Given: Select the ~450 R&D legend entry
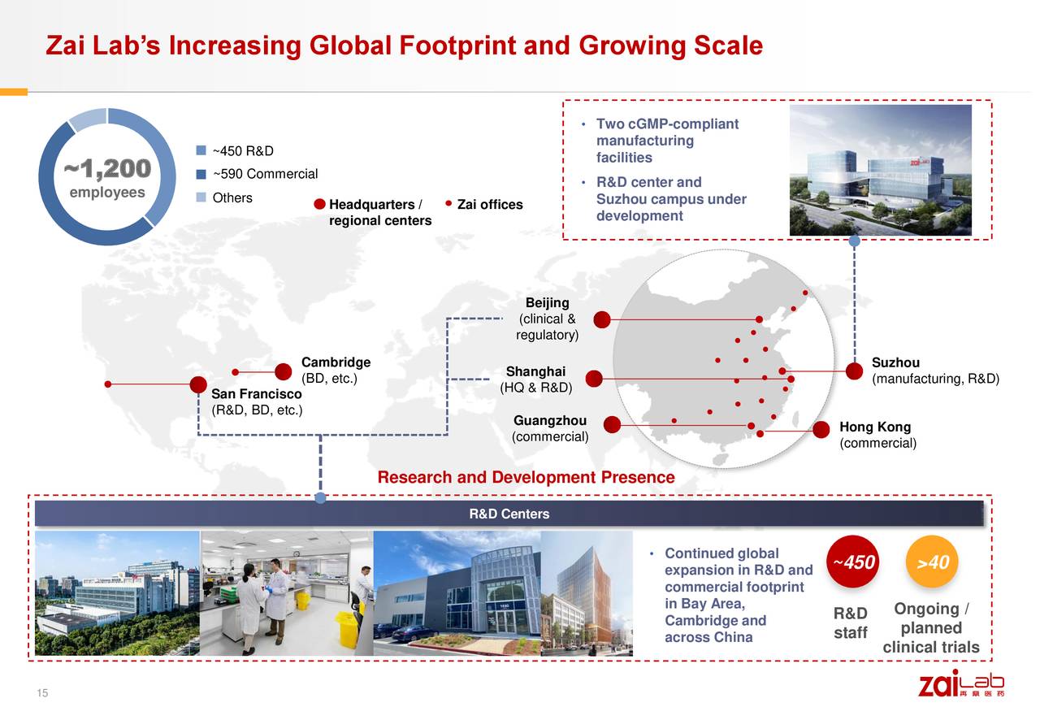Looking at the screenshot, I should tap(242, 151).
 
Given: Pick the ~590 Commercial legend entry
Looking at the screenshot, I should tap(264, 174).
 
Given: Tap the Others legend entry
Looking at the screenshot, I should tap(232, 197).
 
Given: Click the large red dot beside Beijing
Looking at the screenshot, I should tap(602, 319).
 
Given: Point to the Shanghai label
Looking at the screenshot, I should tap(535, 372).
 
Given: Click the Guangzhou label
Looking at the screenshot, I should tap(550, 421).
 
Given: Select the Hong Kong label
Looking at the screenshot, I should tap(874, 427).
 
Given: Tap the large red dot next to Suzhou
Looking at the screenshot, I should tap(854, 371).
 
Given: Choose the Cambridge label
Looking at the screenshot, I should tap(336, 362).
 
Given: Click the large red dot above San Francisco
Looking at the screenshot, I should tap(197, 384).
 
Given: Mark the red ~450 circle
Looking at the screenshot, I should tap(854, 562).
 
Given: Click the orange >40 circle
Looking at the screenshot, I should tap(933, 562).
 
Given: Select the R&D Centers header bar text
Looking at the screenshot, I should tap(509, 514).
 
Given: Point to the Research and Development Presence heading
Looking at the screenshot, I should tap(526, 477).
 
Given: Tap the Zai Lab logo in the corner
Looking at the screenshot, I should tap(960, 683).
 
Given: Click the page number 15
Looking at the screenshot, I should tap(41, 693).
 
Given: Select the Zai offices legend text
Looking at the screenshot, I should tap(490, 205).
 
